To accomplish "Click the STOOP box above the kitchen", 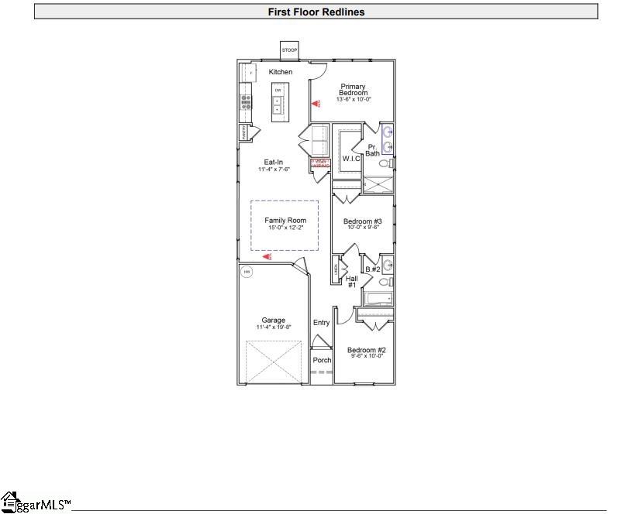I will tap(289, 50).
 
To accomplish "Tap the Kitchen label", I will tap(281, 72).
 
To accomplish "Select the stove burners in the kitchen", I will tap(246, 101).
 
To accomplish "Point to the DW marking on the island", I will tap(278, 91).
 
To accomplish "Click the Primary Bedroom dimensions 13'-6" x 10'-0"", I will tap(354, 100).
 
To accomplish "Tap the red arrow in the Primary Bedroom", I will tap(315, 103).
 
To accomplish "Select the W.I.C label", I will tap(351, 159).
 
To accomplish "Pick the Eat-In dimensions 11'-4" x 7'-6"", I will tap(274, 169).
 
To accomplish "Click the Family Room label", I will tap(285, 221).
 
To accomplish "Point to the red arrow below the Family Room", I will tap(267, 256).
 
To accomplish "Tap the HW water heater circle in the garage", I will tap(247, 272).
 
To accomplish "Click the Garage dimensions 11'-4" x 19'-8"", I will tap(273, 327).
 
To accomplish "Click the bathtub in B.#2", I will tap(378, 299).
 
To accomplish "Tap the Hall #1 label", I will tap(351, 282).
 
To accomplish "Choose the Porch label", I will tap(322, 360).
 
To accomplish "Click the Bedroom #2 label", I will tap(366, 350).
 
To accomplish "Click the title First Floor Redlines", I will tap(316, 12).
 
